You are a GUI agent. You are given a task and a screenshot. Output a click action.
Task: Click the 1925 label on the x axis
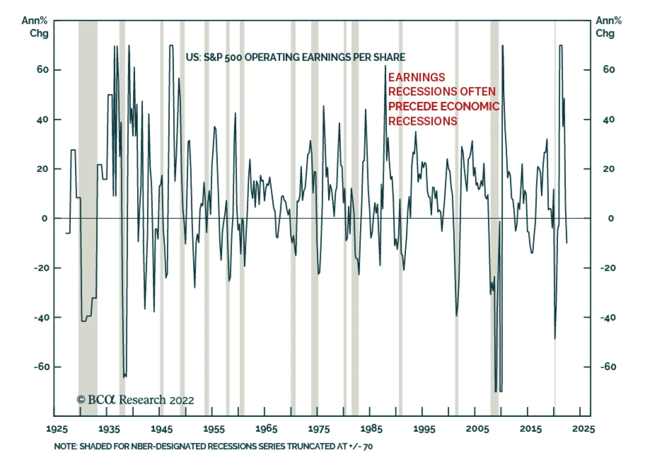[56, 429]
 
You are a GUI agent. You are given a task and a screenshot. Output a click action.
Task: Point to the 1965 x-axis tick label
[266, 429]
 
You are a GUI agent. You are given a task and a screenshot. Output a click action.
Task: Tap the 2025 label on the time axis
[583, 429]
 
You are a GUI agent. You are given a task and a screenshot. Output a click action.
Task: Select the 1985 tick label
[371, 429]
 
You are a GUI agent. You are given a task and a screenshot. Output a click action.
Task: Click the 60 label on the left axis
[42, 70]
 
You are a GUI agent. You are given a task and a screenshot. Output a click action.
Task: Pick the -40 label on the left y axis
[42, 318]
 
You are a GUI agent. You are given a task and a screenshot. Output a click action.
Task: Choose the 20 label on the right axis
[609, 169]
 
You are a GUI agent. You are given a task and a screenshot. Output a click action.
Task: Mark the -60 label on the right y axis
[608, 367]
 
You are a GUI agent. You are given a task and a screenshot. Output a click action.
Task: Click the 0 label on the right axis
[611, 218]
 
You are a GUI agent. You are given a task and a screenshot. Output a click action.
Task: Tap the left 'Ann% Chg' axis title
[35, 27]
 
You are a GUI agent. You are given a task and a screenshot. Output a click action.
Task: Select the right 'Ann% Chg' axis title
[608, 27]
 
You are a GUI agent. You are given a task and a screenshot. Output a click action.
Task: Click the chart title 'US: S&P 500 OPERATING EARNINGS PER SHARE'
[295, 57]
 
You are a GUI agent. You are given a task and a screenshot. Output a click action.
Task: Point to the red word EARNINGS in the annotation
[416, 77]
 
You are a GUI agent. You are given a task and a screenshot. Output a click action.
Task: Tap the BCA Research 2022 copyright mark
[135, 400]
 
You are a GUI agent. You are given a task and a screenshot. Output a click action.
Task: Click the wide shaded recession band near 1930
[87, 218]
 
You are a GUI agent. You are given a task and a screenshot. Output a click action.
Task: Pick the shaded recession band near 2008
[494, 218]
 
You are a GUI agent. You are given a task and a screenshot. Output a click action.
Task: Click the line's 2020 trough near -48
[555, 338]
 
